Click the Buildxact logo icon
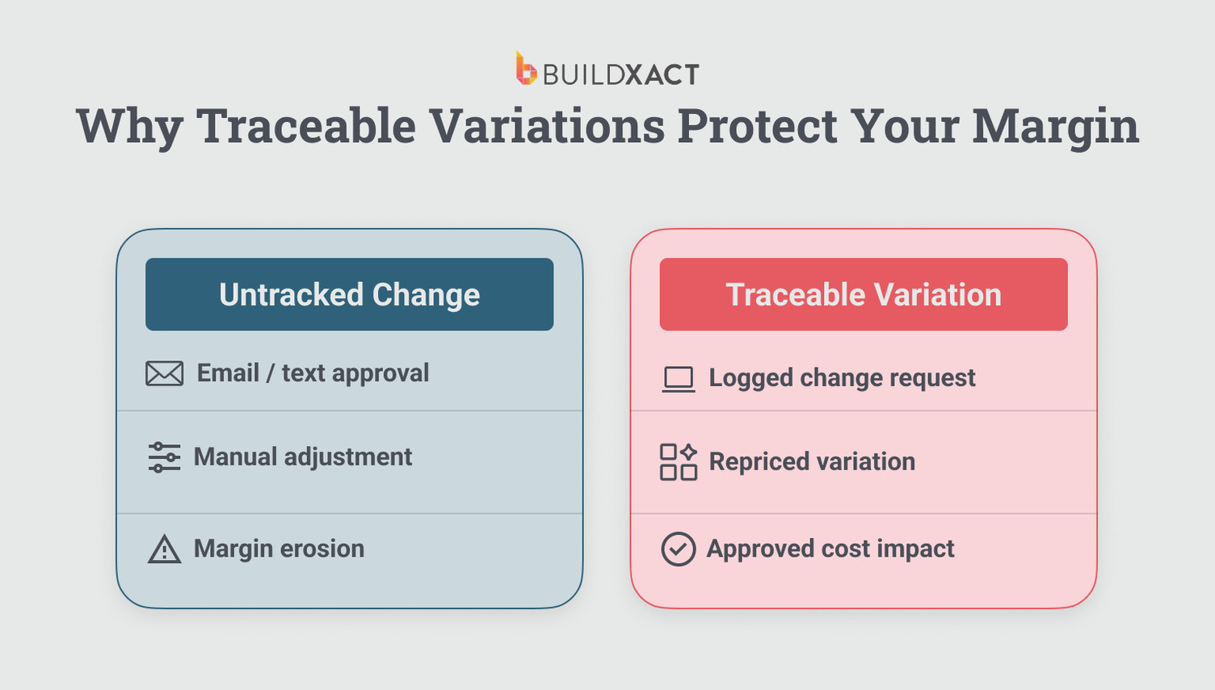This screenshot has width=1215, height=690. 526,69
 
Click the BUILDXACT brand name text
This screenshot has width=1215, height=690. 620,75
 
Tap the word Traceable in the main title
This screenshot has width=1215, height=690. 306,126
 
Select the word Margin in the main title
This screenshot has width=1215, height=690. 1055,126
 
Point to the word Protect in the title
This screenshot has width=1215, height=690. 757,126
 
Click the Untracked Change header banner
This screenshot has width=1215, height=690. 349,294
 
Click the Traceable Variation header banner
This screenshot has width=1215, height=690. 863,294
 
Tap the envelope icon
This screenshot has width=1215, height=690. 164,373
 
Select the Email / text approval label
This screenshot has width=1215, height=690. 313,373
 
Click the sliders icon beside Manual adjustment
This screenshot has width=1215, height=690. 164,457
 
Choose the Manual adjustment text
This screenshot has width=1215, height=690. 302,457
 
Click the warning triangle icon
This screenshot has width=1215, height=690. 164,549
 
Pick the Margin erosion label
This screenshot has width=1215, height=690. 279,549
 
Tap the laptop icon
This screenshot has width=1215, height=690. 678,378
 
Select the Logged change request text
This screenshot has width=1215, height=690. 842,378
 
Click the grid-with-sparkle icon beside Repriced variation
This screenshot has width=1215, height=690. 678,462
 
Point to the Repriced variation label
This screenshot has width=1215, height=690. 812,462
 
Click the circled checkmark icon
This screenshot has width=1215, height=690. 678,549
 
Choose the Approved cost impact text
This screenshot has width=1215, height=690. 830,549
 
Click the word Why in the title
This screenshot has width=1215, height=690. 129,126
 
